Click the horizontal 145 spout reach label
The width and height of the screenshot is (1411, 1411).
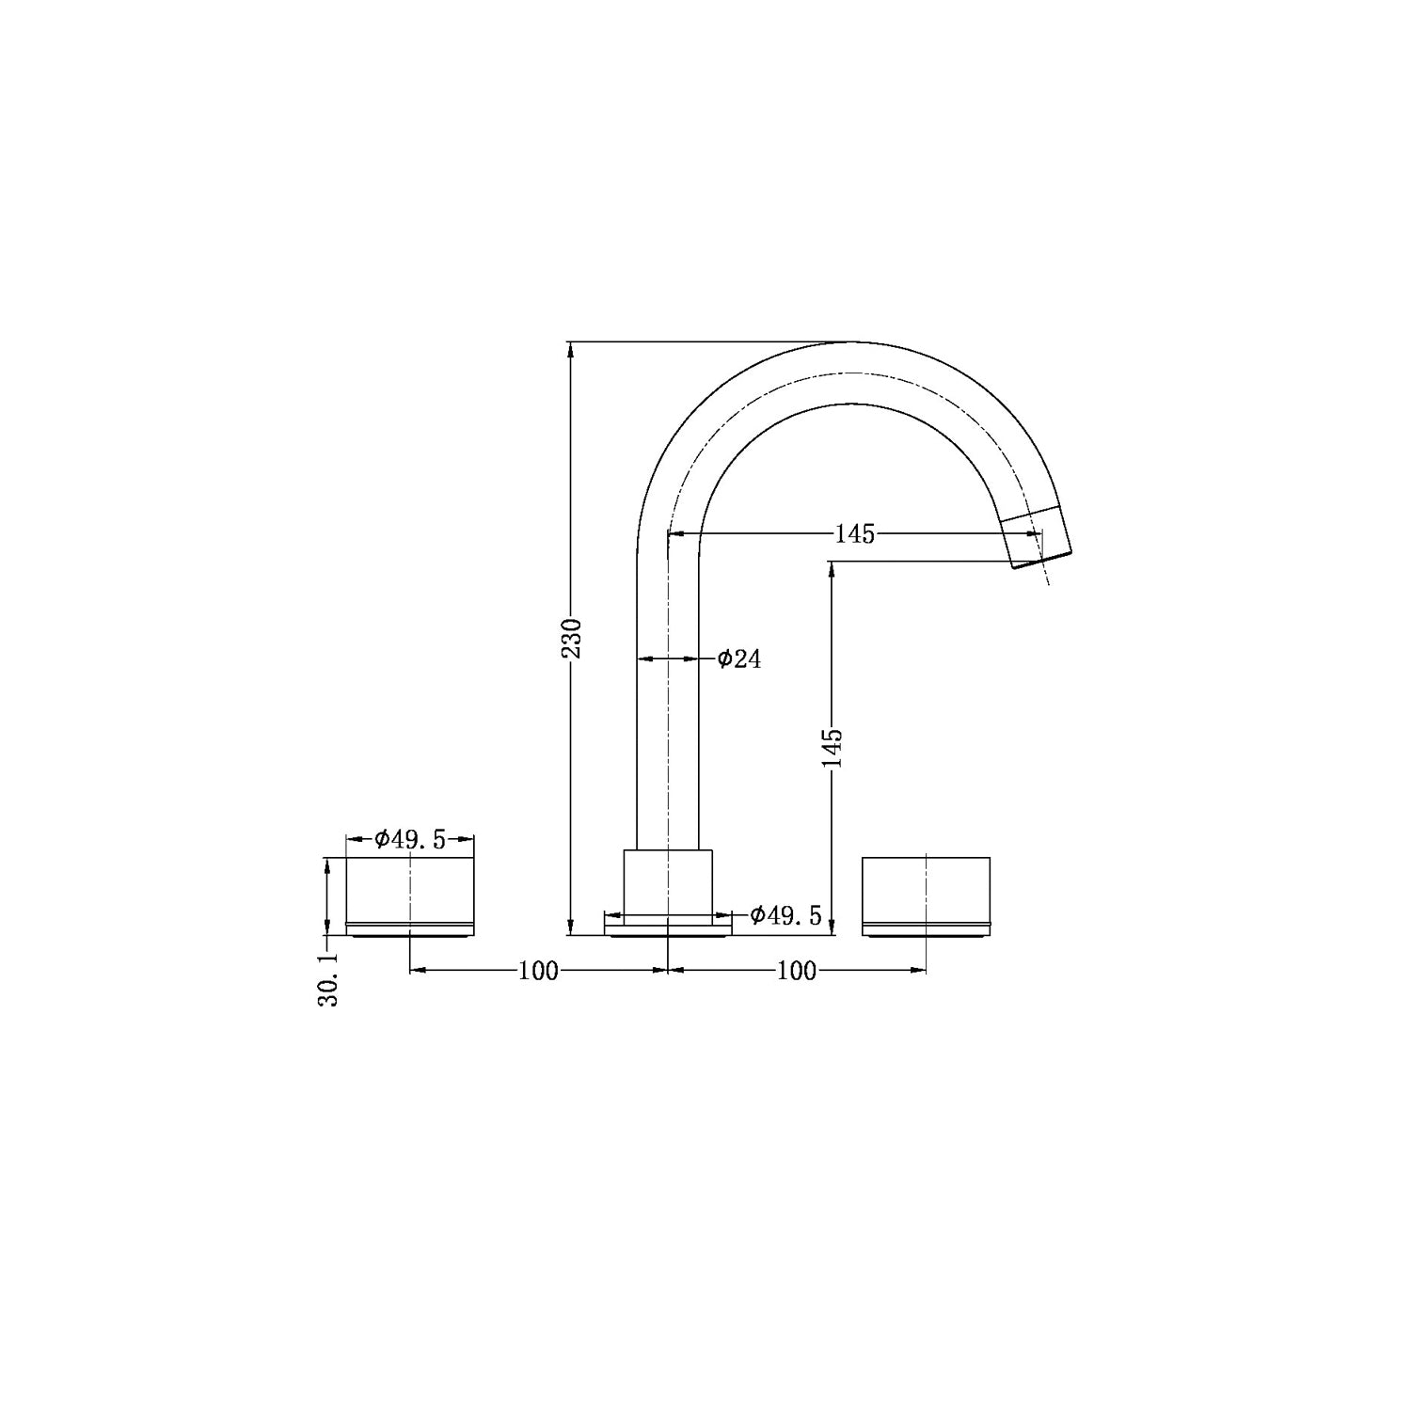[x=854, y=534]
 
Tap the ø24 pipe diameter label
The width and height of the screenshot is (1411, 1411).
[x=739, y=659]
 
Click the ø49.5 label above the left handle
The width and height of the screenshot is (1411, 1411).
[x=410, y=840]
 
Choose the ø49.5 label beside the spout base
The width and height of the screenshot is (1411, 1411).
[x=786, y=914]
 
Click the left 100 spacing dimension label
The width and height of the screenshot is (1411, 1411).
[x=538, y=971]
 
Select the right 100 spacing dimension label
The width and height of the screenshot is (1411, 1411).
[x=797, y=971]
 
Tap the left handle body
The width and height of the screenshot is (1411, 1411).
[x=410, y=889]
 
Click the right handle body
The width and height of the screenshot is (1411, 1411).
[x=927, y=889]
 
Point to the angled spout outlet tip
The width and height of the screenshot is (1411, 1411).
[x=1039, y=541]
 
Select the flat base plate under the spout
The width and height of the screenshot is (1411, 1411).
[x=668, y=929]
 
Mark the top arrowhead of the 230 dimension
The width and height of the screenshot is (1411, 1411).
[x=569, y=348]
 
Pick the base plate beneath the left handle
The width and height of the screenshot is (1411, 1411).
[x=410, y=930]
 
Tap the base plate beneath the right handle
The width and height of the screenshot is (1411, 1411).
[x=927, y=930]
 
